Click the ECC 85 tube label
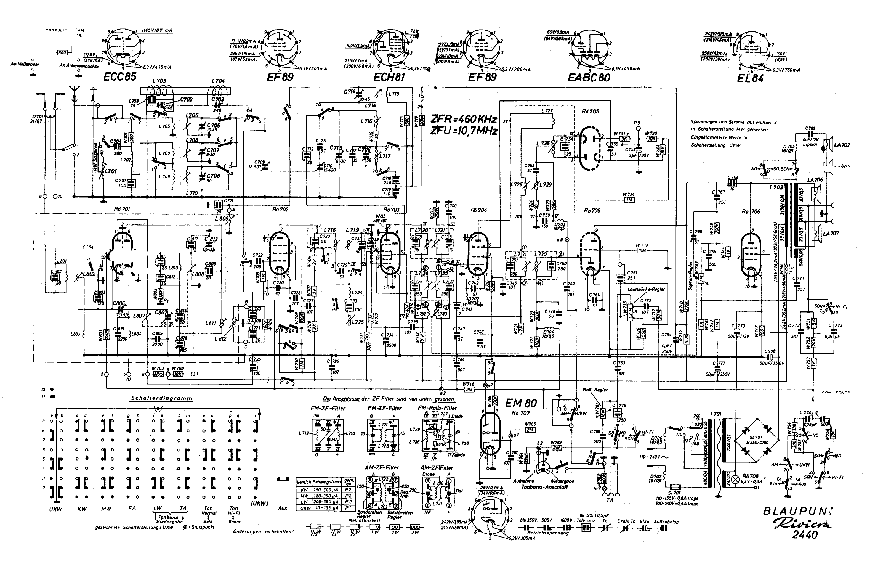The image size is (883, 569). click(120, 76)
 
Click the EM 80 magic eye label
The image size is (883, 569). click(521, 403)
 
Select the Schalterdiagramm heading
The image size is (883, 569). click(161, 399)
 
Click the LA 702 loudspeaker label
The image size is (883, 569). click(842, 145)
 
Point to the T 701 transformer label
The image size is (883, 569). click(715, 414)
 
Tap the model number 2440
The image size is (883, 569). click(804, 535)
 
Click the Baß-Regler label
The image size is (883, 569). click(595, 390)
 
